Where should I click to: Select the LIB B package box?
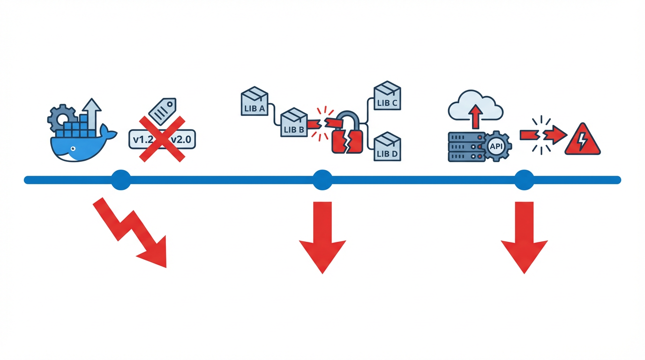[293, 123]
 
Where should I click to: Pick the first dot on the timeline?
[121, 180]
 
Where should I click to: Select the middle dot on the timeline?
[322, 180]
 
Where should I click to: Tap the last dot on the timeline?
[524, 180]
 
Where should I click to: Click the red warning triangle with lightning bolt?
[582, 140]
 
